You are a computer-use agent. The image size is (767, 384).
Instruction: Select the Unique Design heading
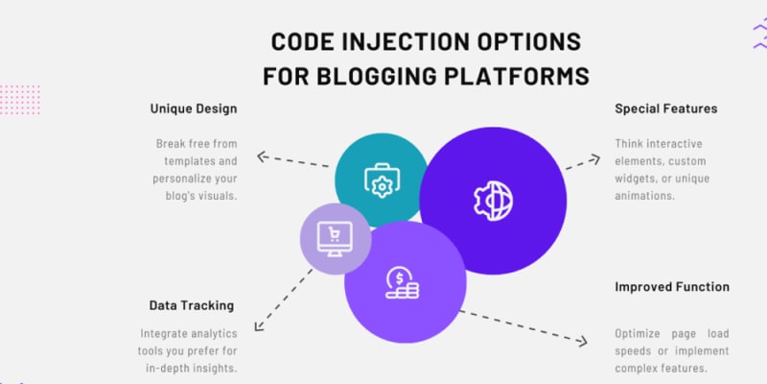(x=193, y=108)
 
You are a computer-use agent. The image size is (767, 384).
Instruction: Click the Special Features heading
(x=665, y=108)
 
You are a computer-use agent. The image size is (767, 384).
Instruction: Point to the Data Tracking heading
(x=191, y=305)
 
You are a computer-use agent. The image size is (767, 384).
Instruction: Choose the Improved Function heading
(x=671, y=286)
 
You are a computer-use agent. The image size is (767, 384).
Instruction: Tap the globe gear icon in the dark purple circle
(x=494, y=200)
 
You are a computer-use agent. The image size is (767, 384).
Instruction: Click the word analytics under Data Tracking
(x=207, y=334)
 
